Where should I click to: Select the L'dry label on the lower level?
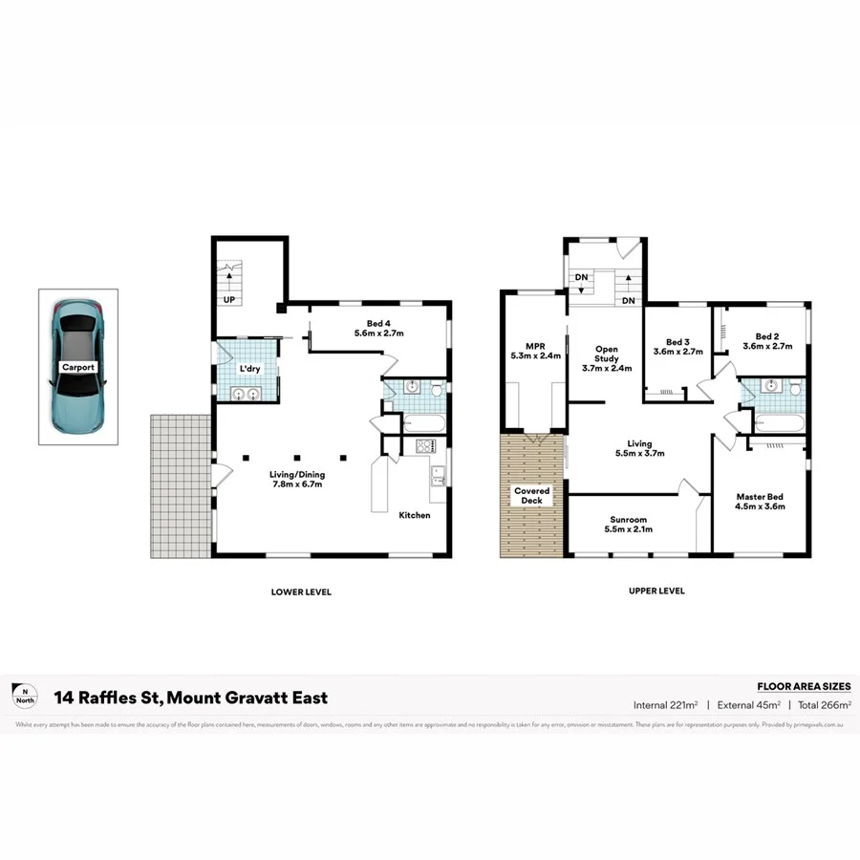(250, 368)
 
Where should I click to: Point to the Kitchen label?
(415, 515)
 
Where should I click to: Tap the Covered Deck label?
(530, 495)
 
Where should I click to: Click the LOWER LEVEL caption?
(301, 592)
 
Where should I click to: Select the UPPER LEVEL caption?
(656, 591)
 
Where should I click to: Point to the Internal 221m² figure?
(665, 705)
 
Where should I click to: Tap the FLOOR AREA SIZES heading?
(803, 686)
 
